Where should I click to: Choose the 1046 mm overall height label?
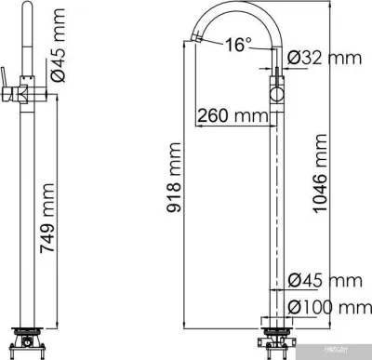[322, 181]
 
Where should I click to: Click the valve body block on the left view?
[21, 92]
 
